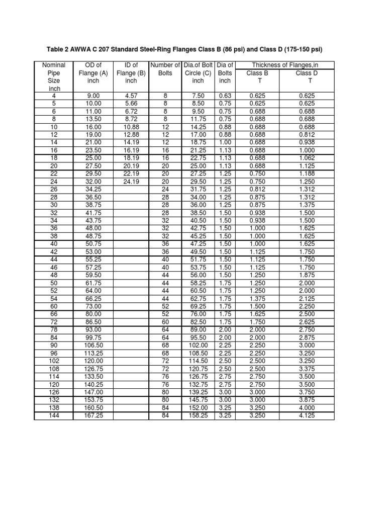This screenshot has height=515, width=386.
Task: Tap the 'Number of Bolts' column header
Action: [165, 69]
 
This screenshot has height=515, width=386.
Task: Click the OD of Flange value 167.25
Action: [93, 416]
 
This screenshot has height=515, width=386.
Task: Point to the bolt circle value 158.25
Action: [198, 416]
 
